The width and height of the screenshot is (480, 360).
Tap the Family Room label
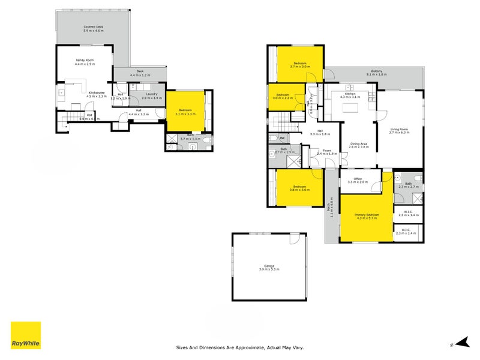(x=84, y=60)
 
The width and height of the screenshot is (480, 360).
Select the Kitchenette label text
(x=97, y=92)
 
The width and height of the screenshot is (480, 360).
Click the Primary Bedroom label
(x=367, y=214)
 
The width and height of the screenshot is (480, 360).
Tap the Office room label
(x=357, y=178)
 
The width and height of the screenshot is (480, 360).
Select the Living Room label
(x=399, y=129)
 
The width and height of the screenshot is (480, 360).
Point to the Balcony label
(x=377, y=71)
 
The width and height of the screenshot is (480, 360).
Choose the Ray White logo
(x=26, y=335)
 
